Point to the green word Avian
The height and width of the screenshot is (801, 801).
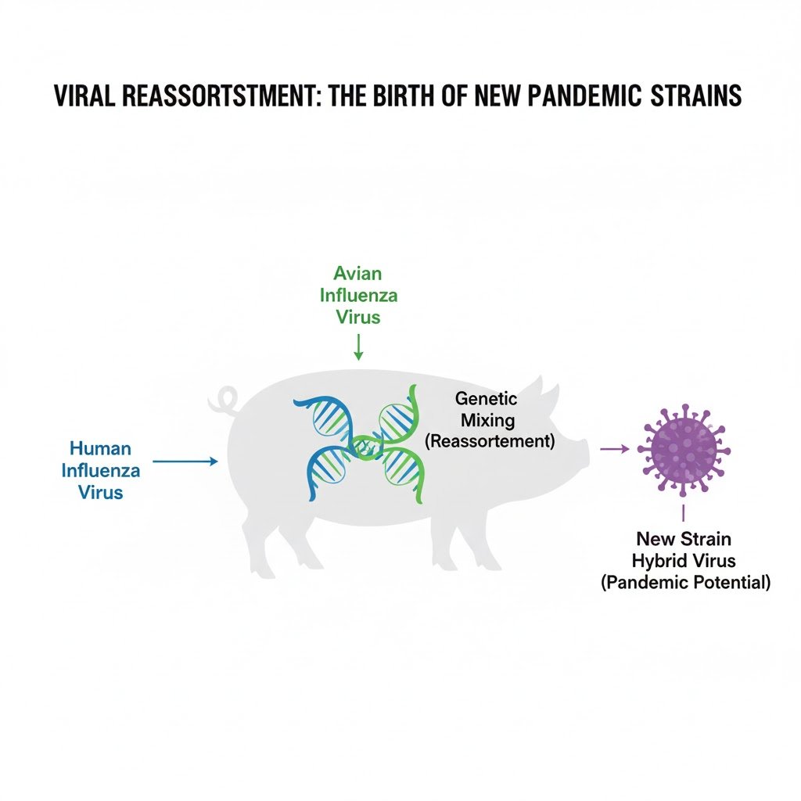coord(357,274)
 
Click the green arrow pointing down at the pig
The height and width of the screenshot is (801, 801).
coord(358,347)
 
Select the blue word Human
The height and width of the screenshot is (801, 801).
coord(100,449)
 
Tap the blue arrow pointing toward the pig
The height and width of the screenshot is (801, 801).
coord(185,462)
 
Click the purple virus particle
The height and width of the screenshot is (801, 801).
coord(684,449)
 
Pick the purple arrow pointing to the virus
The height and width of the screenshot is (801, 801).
coord(613,449)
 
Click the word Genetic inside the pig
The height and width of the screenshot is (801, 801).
coord(486,399)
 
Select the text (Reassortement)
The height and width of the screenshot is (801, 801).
coord(489,441)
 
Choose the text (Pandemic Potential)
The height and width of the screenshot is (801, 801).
coord(685,582)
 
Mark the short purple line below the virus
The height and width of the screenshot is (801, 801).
coord(684,513)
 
